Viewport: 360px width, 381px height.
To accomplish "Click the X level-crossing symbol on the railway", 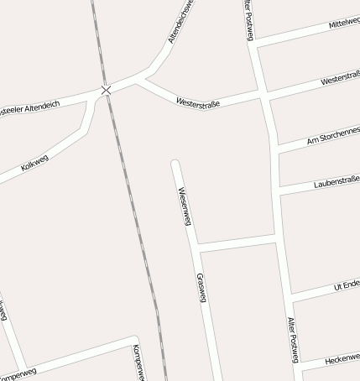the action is point(106,90).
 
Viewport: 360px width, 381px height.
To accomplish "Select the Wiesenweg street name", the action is point(185,206).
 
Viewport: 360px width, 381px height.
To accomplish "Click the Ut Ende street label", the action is point(347,285).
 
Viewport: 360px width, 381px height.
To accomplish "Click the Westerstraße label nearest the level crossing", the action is point(198,103).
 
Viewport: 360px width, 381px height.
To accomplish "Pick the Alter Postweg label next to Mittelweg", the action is point(248,18).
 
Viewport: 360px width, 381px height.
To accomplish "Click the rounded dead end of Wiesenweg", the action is point(175,162).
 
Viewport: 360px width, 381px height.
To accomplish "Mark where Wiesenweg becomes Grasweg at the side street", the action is point(196,246).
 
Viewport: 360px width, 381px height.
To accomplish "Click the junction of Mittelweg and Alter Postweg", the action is point(255,44).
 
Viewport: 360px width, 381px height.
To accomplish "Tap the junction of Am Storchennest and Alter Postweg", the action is point(274,149).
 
